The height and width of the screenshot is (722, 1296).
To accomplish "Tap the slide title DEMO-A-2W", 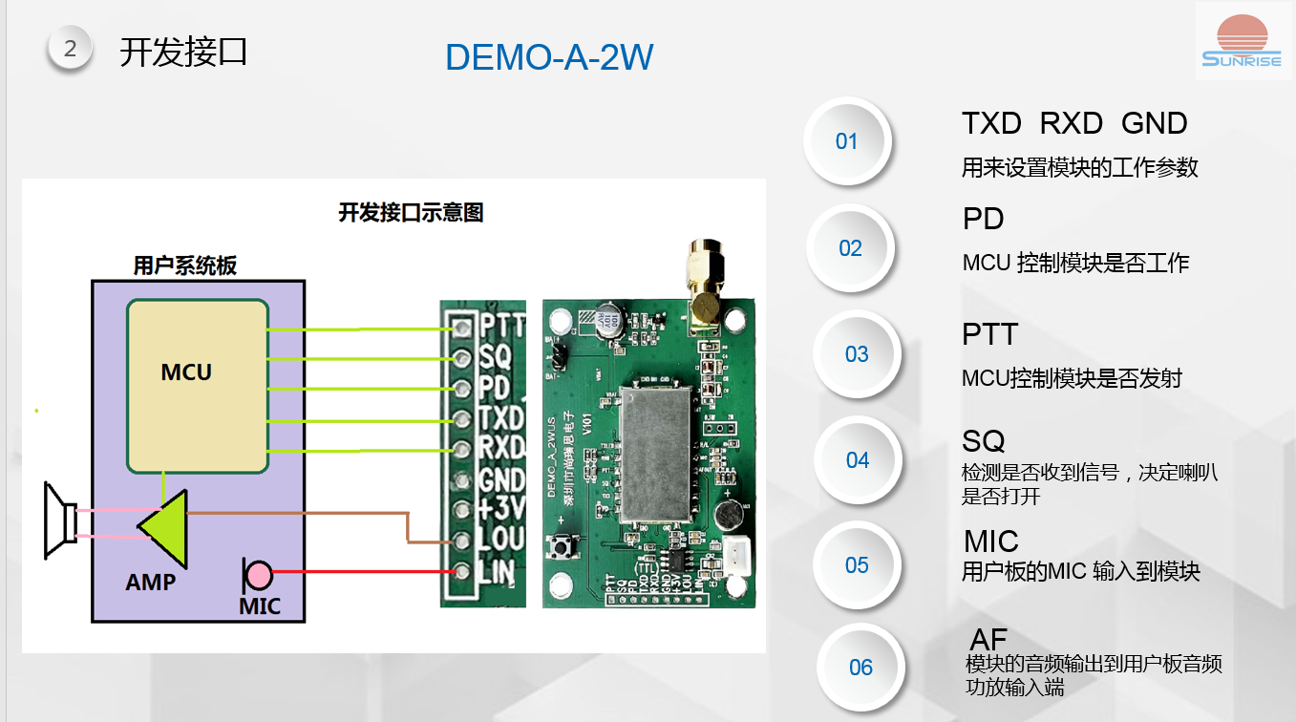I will [x=549, y=58].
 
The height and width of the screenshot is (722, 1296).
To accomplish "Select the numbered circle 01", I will [x=847, y=141].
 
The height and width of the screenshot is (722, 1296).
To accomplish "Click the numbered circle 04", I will [x=858, y=460].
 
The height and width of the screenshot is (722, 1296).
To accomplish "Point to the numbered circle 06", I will [x=860, y=668].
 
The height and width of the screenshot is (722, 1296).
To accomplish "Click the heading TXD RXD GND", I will [x=1073, y=123].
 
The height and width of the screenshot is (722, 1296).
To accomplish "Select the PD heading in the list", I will [x=983, y=219].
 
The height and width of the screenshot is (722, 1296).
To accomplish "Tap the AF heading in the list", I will [x=988, y=639].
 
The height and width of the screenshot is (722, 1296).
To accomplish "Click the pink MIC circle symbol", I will [x=258, y=575].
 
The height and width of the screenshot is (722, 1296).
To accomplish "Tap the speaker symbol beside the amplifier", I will [x=59, y=521].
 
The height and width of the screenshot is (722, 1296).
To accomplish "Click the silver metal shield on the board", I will [x=656, y=453].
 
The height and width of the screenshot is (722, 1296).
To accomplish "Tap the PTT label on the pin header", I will [x=502, y=326].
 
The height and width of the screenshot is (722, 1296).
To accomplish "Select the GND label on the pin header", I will [x=502, y=478].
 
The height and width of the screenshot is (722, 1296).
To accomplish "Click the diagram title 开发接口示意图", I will [x=411, y=212].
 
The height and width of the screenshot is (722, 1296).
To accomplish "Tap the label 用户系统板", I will [x=184, y=265].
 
